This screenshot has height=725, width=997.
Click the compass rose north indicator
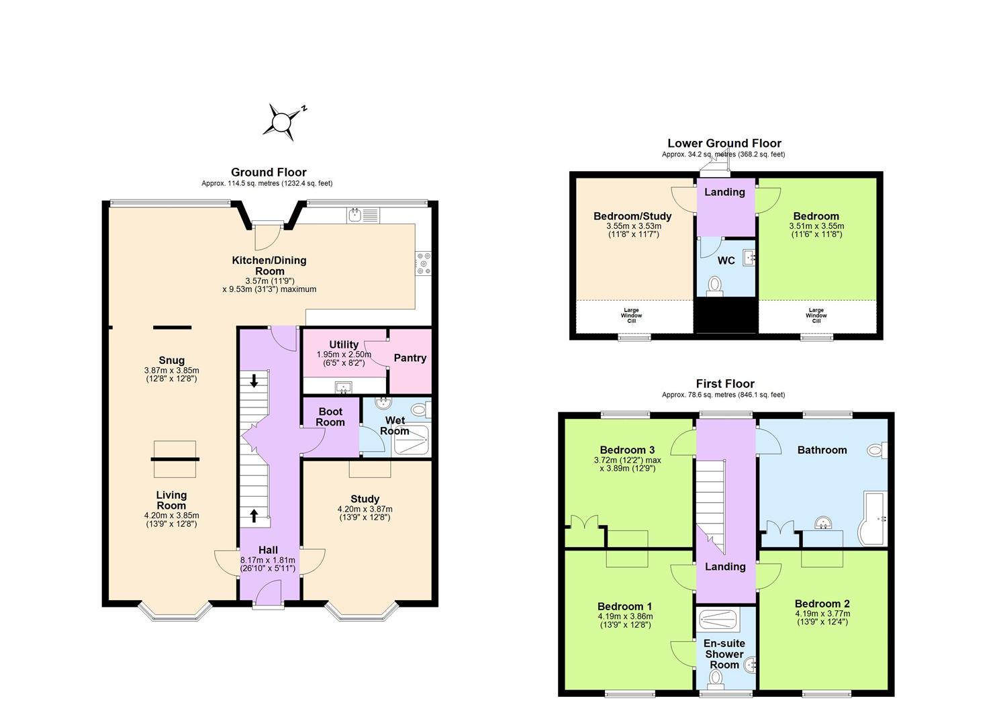pyautogui.click(x=283, y=122)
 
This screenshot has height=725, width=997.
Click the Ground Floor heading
pyautogui.click(x=269, y=173)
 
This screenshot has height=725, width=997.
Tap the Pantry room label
pyautogui.click(x=410, y=358)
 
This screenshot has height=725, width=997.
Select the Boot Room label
pyautogui.click(x=330, y=417)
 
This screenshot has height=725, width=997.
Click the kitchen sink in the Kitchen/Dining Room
pyautogui.click(x=363, y=215)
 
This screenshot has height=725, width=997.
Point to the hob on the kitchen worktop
pyautogui.click(x=424, y=263)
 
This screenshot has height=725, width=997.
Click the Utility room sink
pyautogui.click(x=344, y=387)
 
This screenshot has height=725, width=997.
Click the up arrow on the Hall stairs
pyautogui.click(x=254, y=516)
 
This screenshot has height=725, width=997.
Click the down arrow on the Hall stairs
pyautogui.click(x=254, y=381)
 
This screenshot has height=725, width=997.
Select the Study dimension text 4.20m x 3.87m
pyautogui.click(x=365, y=509)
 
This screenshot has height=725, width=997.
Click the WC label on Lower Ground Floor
pyautogui.click(x=726, y=260)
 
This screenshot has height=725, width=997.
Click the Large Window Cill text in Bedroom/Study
pyautogui.click(x=631, y=316)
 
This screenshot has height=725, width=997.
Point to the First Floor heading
pyautogui.click(x=725, y=384)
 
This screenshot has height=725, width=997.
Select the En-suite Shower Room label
pyautogui.click(x=724, y=654)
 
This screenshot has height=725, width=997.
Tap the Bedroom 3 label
pyautogui.click(x=627, y=450)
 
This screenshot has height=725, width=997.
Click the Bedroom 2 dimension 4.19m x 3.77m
pyautogui.click(x=822, y=614)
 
